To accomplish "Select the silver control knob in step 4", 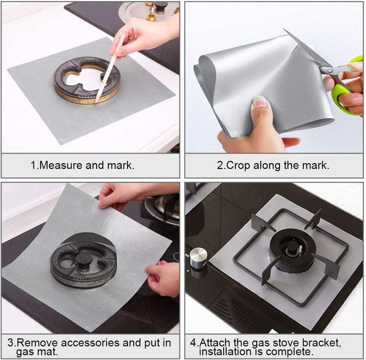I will [198, 258].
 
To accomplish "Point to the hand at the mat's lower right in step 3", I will [163, 278].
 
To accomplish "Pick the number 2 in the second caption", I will [218, 166].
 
